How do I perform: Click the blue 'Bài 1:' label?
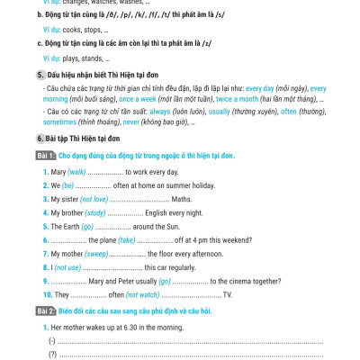tap(45, 157)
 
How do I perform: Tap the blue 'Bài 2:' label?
tap(45, 310)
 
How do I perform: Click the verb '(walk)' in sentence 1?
tap(76, 171)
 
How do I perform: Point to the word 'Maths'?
tap(182, 198)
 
